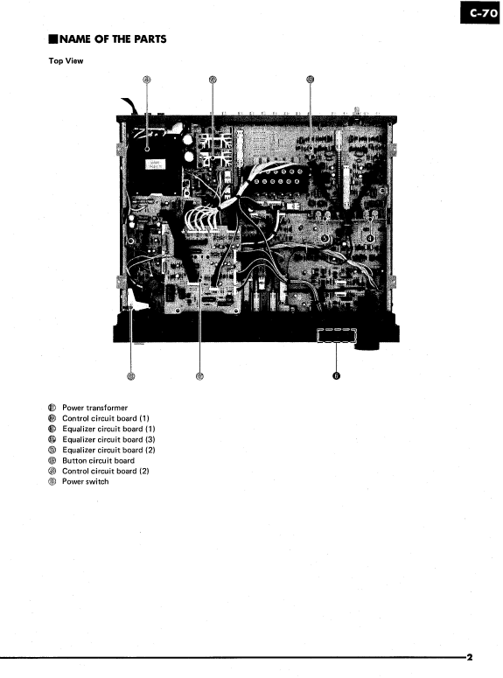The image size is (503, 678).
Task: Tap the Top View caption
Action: tap(66, 60)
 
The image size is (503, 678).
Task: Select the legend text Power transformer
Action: tap(94, 408)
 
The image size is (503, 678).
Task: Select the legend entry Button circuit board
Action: tap(98, 460)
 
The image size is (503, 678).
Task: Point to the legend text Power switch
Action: tap(86, 481)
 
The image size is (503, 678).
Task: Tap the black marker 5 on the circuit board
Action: tap(325, 238)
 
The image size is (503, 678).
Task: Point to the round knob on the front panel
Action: tap(368, 338)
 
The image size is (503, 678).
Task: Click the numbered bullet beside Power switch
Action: tap(52, 481)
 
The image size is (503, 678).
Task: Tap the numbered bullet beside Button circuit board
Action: tap(52, 460)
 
